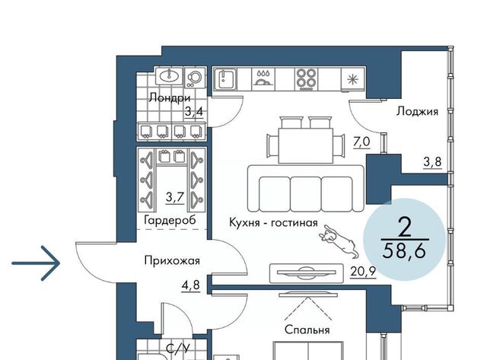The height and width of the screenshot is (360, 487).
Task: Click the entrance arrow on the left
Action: point(36,263)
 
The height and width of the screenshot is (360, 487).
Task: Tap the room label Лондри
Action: point(169,98)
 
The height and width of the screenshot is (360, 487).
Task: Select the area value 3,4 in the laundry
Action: point(194,111)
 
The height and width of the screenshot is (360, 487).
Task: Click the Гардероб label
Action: point(170,220)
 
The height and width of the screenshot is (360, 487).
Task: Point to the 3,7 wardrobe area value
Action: point(176,197)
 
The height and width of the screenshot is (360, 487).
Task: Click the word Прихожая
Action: point(172,260)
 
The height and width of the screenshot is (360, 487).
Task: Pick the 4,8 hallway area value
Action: point(191,285)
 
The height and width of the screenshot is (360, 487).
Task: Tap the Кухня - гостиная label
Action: point(273,223)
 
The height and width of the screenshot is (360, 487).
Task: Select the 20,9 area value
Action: point(363,272)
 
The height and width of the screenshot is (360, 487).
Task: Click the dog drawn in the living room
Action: point(339,241)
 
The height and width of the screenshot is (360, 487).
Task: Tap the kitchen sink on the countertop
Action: point(225,79)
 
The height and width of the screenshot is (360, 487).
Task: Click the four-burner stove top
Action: point(306,79)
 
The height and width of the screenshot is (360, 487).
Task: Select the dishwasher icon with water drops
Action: point(264,78)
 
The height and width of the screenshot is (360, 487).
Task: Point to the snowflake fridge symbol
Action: point(353,79)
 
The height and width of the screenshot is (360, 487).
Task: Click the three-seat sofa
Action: point(306,189)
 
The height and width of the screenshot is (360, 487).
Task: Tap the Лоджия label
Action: point(417,111)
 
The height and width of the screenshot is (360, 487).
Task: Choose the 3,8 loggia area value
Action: point(432,162)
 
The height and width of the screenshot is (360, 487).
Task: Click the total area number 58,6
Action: point(404,251)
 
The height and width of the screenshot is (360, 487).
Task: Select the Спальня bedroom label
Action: point(307,330)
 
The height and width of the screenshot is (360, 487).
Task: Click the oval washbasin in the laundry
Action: point(169,75)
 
